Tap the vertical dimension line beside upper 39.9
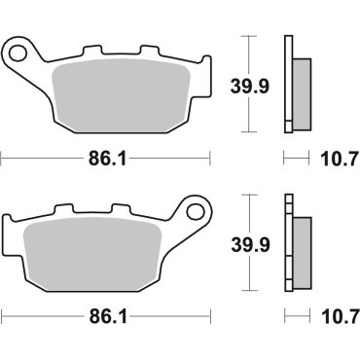[x=251, y=54]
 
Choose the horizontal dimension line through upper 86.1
[x=39, y=156]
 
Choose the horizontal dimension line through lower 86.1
[x=39, y=315]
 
